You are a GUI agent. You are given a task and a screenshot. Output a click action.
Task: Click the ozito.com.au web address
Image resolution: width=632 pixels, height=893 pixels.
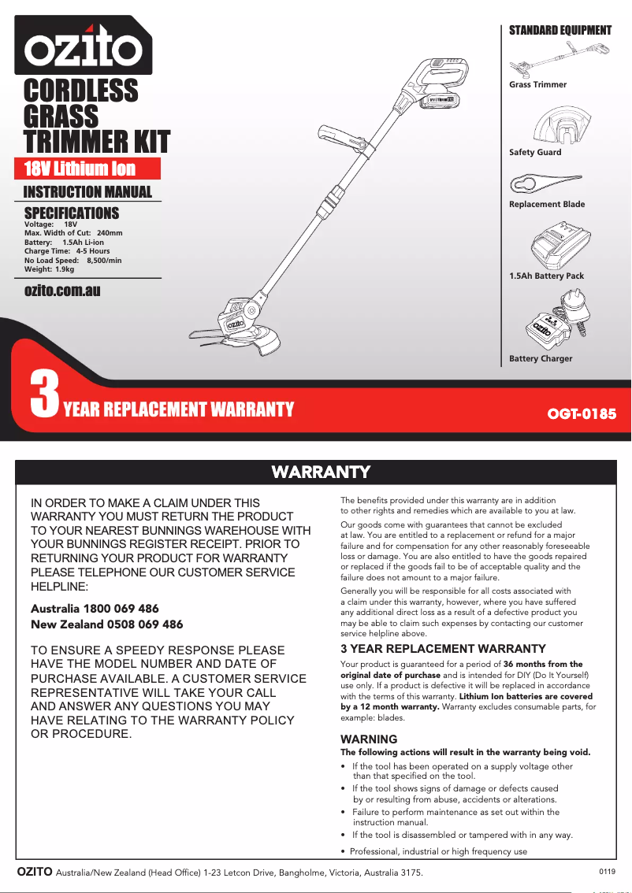coord(63,291)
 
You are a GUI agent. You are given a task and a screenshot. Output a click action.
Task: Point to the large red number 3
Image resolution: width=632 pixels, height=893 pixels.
coord(44,396)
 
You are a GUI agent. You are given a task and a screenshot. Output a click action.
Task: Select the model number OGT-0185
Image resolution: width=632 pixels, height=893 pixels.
coord(582,413)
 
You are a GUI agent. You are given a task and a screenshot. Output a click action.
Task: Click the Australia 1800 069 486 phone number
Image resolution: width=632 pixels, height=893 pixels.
coord(95,609)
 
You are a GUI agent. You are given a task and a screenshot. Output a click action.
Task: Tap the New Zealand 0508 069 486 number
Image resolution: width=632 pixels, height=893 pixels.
coord(106,624)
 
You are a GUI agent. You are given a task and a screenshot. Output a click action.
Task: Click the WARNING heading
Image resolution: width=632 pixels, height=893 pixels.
coord(369,739)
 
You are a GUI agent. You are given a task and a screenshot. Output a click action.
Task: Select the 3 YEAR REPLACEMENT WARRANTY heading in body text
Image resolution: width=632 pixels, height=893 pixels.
coord(443,649)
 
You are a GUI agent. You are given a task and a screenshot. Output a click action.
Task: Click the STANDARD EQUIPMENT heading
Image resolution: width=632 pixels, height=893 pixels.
coord(560,31)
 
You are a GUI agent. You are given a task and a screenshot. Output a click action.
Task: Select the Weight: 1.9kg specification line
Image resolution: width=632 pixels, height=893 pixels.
coord(50,269)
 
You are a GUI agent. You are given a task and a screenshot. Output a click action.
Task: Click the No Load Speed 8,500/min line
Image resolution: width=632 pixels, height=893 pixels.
coord(73,261)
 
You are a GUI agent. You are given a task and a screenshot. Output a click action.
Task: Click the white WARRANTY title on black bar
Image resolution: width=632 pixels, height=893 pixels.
coord(321,472)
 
